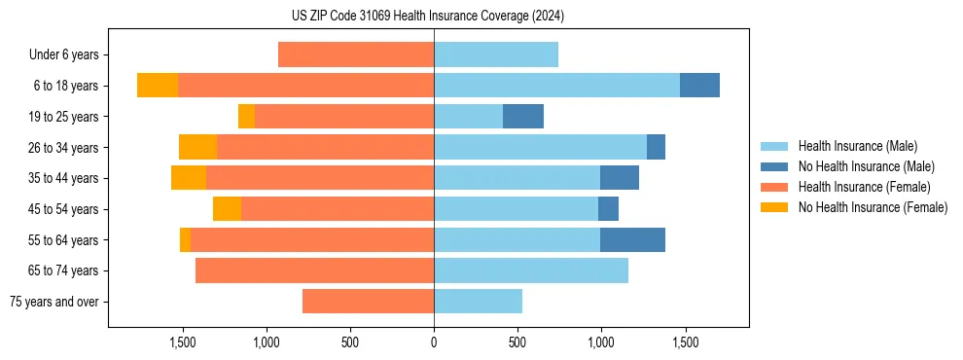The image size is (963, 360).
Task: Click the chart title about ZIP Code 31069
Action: point(427,17)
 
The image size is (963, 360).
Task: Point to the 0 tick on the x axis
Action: point(434,342)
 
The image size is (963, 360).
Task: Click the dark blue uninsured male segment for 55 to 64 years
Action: point(632,240)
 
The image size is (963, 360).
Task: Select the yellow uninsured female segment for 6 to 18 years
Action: point(158,86)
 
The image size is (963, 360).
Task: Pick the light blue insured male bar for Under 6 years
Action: point(496,55)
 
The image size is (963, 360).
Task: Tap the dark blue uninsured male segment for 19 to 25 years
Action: point(523,117)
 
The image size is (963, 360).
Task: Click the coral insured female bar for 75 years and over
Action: point(368,302)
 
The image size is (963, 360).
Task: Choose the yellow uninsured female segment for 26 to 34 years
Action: point(197,148)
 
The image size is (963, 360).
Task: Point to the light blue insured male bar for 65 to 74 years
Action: point(531,270)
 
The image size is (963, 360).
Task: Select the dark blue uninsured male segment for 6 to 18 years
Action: point(699,86)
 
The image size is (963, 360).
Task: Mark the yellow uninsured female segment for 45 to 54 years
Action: point(227,209)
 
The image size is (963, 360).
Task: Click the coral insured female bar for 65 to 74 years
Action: point(314,270)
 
